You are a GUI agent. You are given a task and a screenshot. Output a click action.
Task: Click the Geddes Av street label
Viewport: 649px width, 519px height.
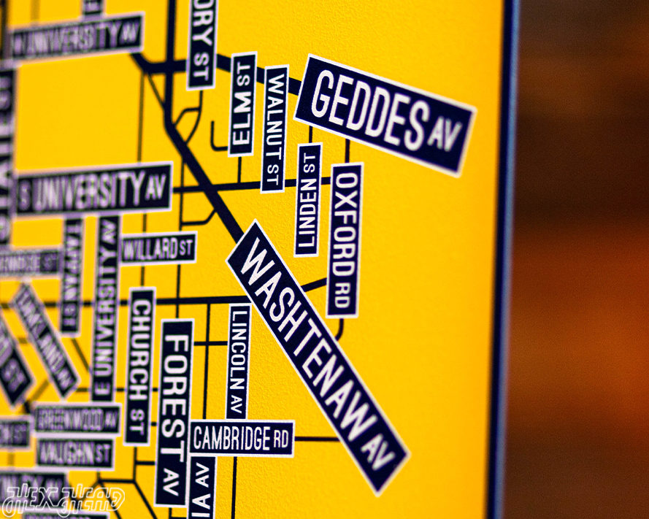385,115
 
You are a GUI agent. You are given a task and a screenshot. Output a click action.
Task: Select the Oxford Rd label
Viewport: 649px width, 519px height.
345,240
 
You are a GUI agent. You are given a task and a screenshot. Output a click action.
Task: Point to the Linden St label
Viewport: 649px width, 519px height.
308,199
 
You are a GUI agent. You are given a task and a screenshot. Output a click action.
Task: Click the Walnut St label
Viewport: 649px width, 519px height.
274,128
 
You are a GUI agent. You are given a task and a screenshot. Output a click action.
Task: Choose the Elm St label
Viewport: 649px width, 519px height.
242,104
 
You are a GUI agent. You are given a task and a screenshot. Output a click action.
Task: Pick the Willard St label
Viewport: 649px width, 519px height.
158,248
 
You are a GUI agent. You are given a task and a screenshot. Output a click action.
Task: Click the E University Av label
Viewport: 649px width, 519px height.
107,307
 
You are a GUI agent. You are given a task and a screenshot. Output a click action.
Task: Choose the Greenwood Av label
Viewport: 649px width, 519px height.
77,419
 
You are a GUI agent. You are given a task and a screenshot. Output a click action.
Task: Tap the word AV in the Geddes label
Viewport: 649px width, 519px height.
443,137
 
